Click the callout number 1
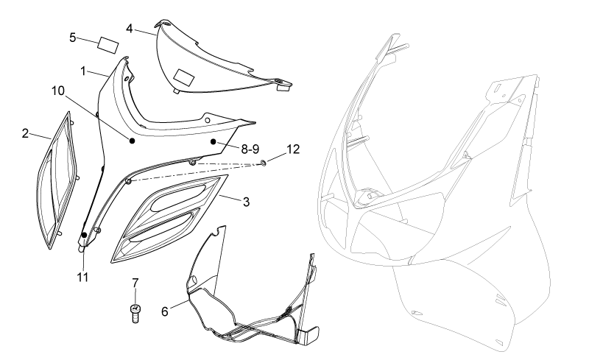[x=83, y=71]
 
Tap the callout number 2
[x=25, y=133]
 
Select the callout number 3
[x=246, y=202]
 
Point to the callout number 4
[x=130, y=29]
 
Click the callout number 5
[x=72, y=38]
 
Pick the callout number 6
[x=164, y=311]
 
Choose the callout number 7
[x=135, y=283]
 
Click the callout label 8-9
[x=250, y=149]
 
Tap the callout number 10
[x=58, y=91]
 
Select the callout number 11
[x=82, y=278]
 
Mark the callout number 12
[x=293, y=149]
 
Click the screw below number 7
[x=135, y=314]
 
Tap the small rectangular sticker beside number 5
[x=108, y=46]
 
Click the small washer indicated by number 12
[x=264, y=163]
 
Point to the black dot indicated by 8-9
[x=213, y=141]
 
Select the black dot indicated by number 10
[x=133, y=141]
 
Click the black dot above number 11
[x=85, y=236]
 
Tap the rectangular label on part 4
[x=183, y=77]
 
